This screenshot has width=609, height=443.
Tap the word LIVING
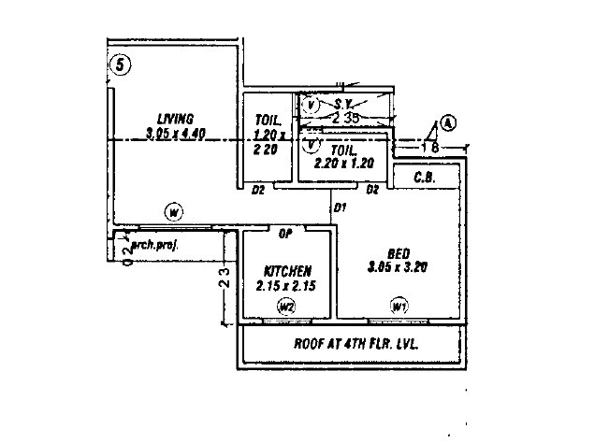pyautogui.click(x=175, y=119)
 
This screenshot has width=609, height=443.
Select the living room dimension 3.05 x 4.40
pyautogui.click(x=175, y=134)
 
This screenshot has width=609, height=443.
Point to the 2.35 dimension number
pyautogui.click(x=346, y=119)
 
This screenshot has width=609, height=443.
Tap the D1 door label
pyautogui.click(x=341, y=206)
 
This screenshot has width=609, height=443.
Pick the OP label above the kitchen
pyautogui.click(x=286, y=232)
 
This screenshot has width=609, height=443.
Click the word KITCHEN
pyautogui.click(x=287, y=270)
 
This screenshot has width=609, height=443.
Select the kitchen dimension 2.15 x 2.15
pyautogui.click(x=286, y=284)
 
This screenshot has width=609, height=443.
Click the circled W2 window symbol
pyautogui.click(x=286, y=306)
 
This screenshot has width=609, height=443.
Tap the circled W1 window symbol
pyautogui.click(x=399, y=306)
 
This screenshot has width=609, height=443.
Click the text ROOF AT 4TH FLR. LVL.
pyautogui.click(x=356, y=343)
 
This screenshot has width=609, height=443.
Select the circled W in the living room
pyautogui.click(x=174, y=210)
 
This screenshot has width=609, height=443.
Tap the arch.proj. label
pyautogui.click(x=154, y=245)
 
